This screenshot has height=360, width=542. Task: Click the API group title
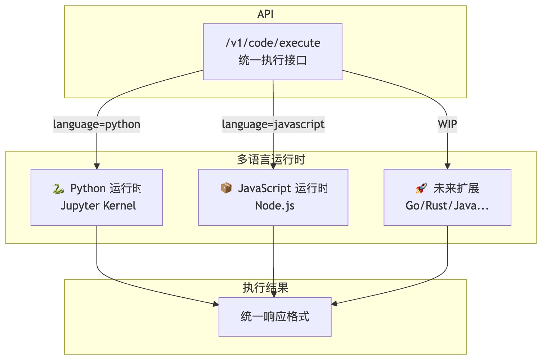(265, 14)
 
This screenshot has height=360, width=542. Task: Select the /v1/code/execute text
(273, 43)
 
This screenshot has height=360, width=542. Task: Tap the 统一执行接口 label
(273, 60)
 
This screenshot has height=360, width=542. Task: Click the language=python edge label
(97, 124)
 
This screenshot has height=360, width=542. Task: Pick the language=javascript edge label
(273, 124)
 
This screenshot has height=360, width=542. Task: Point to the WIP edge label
(447, 124)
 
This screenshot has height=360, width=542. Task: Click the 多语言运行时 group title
(271, 159)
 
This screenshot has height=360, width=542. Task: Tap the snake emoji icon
(58, 188)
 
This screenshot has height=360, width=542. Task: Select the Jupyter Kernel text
(98, 206)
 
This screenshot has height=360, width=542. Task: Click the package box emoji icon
(226, 188)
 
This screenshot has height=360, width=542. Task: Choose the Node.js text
(274, 206)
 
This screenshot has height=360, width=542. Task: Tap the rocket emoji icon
(421, 188)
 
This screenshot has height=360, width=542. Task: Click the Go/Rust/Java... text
(447, 206)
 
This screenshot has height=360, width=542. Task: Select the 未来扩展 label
(456, 188)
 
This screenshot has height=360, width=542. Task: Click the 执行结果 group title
(265, 288)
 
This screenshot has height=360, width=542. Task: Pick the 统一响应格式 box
(275, 317)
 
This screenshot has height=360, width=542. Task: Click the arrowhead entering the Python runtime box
(97, 166)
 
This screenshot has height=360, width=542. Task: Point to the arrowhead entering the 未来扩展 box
(447, 166)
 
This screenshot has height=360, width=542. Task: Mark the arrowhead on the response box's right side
(334, 303)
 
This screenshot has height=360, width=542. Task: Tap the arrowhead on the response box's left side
(216, 304)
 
